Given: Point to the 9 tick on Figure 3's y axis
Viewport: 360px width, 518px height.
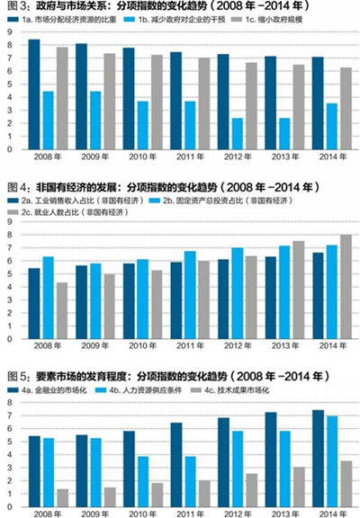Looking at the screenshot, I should point(9,31).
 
